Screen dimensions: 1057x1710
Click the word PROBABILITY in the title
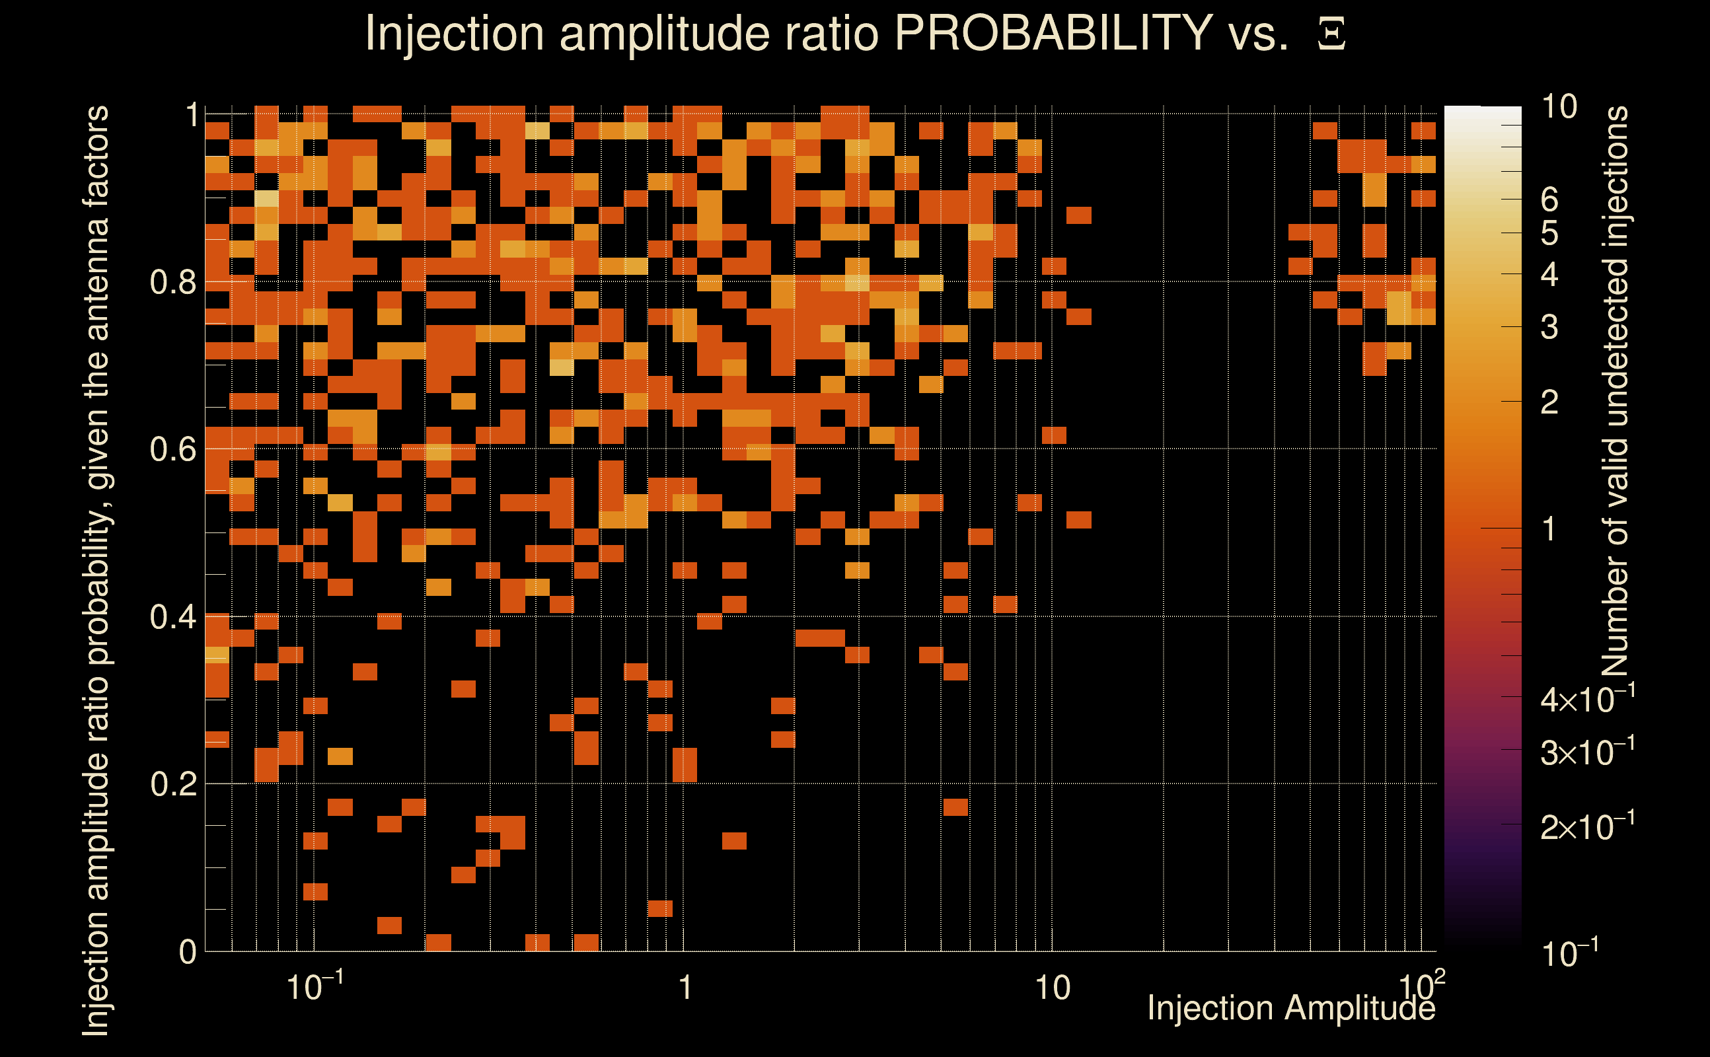(1053, 33)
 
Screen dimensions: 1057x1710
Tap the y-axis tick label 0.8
(172, 283)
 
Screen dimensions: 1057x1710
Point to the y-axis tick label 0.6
(172, 449)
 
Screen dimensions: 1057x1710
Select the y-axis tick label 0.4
(172, 617)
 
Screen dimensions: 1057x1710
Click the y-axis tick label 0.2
(172, 784)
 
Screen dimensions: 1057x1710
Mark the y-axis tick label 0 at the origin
(188, 952)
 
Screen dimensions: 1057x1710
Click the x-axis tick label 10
(1052, 988)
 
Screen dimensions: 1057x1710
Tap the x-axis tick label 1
(685, 988)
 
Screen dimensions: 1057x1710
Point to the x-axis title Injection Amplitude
(1290, 1008)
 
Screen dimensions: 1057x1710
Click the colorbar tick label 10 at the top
(1559, 107)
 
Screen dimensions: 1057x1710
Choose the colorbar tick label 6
(1549, 200)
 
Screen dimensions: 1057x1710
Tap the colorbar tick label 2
(1549, 403)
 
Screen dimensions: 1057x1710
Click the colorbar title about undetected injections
(1615, 392)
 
